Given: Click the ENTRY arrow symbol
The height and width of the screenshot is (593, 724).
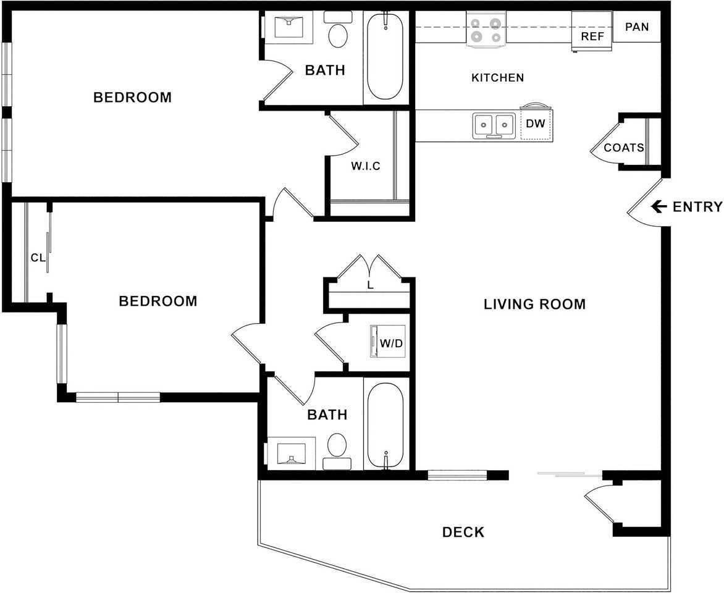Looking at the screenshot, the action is coord(659,206).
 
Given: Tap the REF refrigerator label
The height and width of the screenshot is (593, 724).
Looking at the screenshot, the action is coord(592,36).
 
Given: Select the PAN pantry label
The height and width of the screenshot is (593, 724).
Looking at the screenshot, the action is coord(637,27).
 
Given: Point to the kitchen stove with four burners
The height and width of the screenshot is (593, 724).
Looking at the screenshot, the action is coord(486,30).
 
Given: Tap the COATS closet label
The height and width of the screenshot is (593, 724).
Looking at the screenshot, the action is coord(624,148).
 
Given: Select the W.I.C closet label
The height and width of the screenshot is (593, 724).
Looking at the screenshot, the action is coord(366,166).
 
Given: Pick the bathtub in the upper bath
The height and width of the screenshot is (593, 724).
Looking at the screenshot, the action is coord(385,56).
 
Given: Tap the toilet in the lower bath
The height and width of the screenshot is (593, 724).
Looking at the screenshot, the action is coord(337,451).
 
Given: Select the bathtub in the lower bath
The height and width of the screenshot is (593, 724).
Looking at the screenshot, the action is coord(385,426).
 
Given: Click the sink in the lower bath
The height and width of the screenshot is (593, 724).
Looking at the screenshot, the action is coord(291,453).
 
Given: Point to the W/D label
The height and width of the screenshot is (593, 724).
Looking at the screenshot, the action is coord(392,343).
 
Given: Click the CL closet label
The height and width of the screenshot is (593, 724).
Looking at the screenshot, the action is coord(38,258).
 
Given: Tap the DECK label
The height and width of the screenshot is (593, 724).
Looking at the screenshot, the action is coord(463,532).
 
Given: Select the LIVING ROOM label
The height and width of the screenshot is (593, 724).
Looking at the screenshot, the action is coord(535,304).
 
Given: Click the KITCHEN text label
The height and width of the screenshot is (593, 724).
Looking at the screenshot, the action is coord(498,78).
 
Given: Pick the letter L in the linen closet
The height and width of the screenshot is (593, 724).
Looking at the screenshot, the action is coord(370,285).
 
